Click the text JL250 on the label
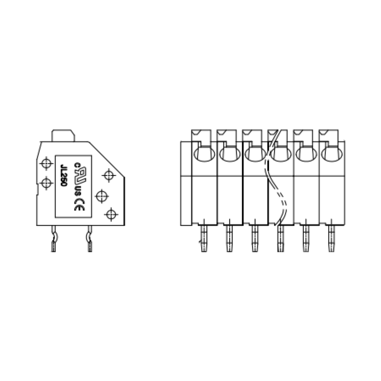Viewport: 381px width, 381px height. [64, 178]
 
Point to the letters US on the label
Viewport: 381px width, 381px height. [79, 190]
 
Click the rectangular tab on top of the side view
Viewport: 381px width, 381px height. [63, 136]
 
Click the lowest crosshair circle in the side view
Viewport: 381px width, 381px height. [111, 215]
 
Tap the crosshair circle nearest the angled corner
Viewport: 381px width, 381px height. [109, 175]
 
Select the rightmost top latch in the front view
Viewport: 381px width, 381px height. [329, 136]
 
